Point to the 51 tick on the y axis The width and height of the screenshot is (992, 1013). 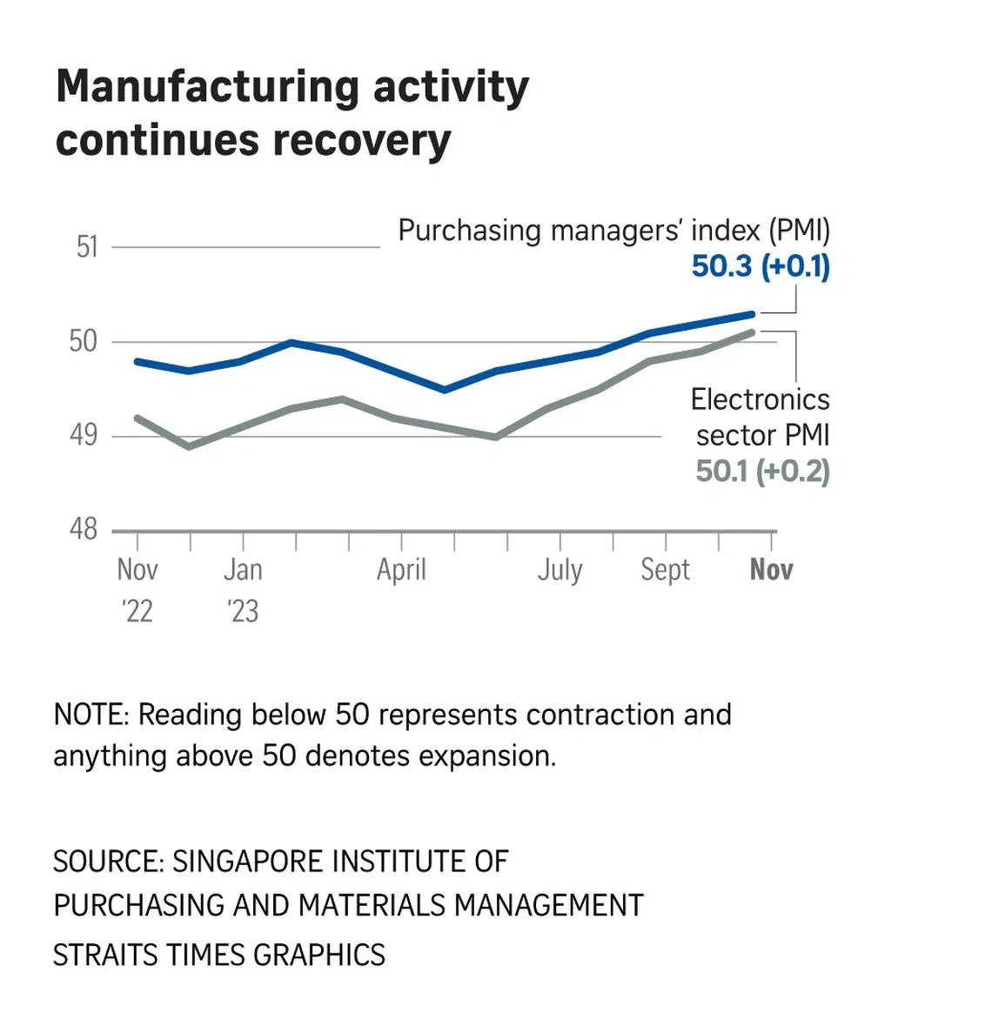(87, 247)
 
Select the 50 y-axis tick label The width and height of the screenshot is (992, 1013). (84, 341)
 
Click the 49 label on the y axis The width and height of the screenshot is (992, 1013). (84, 434)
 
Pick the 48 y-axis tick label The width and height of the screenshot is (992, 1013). (84, 528)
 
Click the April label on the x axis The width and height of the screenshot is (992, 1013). (401, 570)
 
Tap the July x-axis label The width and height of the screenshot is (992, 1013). (560, 570)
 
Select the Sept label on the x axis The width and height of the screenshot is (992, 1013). (665, 570)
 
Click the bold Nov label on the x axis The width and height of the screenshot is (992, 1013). (771, 570)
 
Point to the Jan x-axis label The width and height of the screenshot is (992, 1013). (243, 570)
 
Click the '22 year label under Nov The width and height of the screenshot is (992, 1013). (137, 611)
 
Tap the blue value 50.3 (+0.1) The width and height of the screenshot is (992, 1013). (761, 266)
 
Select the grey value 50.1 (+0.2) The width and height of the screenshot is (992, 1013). (762, 472)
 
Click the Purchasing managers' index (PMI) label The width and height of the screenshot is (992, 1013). (613, 231)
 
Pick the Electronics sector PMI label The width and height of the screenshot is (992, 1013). (761, 417)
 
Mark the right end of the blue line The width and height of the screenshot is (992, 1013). (753, 313)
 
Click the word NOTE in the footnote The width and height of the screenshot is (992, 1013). (90, 714)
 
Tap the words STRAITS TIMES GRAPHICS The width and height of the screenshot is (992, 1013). (219, 955)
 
